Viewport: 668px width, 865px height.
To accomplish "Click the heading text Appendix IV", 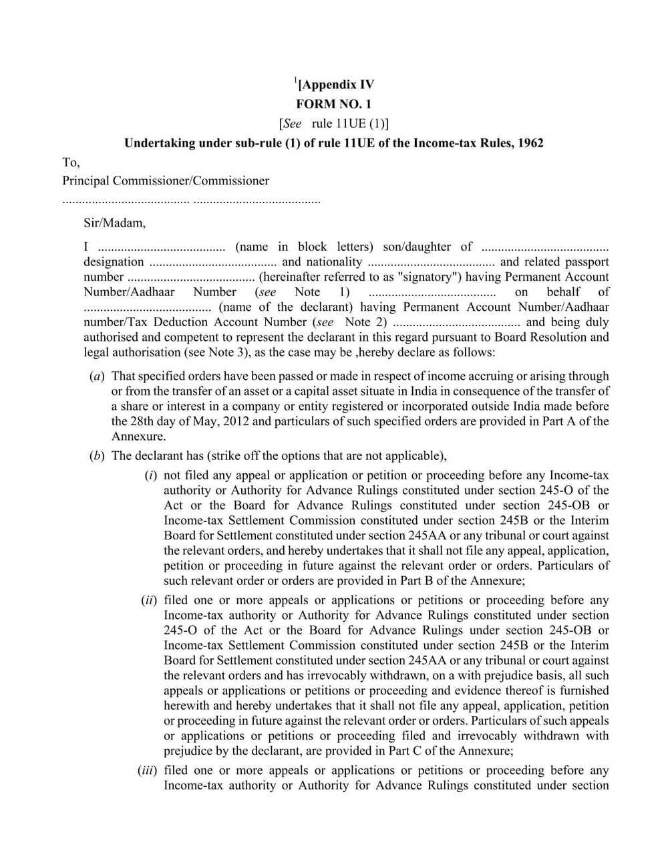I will point(337,85).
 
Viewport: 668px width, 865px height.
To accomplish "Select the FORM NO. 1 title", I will point(333,104).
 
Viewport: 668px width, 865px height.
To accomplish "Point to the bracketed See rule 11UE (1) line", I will point(333,124).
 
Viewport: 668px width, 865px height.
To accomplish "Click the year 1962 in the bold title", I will point(529,143).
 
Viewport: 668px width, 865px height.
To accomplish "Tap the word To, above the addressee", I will point(71,162).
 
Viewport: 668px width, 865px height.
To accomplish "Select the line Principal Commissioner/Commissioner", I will point(166,181).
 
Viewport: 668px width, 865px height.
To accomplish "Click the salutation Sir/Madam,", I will point(114,223).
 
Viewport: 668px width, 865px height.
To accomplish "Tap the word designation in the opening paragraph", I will point(114,262).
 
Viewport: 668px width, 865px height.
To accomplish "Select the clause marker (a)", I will point(96,376).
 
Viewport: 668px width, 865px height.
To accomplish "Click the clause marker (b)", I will point(96,456).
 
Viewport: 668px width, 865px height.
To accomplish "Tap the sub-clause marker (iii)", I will point(147,771).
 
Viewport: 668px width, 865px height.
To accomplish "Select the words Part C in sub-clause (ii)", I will point(416,751).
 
